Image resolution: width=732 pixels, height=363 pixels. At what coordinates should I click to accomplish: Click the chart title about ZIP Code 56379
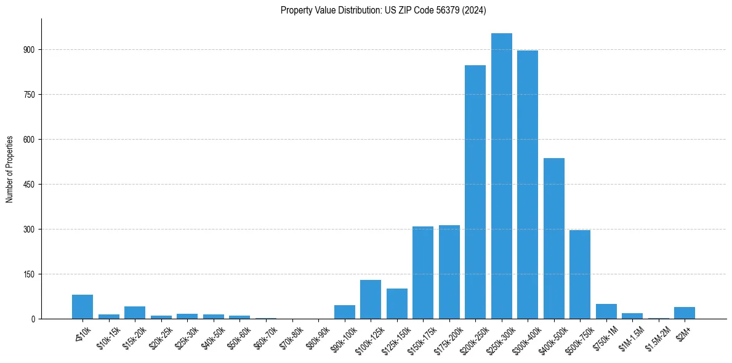point(383,10)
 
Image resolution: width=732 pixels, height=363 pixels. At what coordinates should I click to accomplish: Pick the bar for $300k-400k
point(528,185)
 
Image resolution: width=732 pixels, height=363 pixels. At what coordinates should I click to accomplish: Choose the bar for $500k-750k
point(580,274)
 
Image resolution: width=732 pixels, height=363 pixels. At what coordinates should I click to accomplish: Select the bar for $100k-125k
point(371,300)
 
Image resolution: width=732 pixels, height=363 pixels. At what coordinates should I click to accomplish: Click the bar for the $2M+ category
point(685,313)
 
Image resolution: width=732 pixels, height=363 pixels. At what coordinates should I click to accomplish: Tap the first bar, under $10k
point(82,307)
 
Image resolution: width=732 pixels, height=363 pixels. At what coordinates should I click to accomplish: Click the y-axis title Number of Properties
point(10,169)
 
